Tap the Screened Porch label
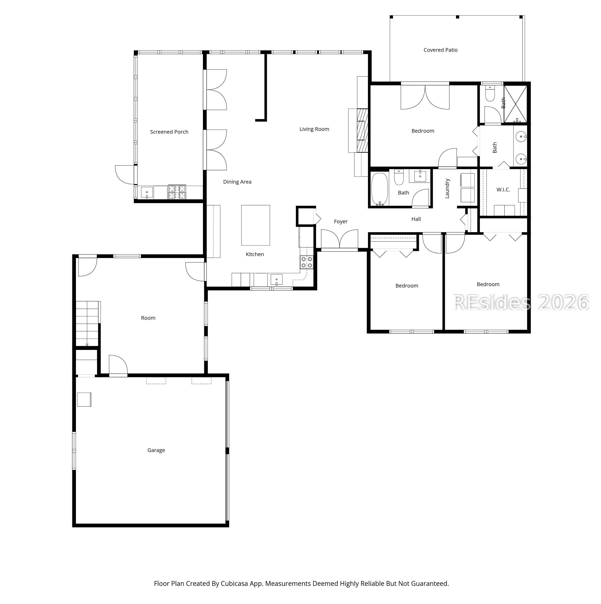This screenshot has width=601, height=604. click(x=169, y=132)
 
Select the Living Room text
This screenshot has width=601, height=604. click(x=314, y=129)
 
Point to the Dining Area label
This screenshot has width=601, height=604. click(x=237, y=182)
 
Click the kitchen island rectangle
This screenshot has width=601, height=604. click(x=255, y=225)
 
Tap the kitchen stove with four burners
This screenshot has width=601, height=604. click(x=306, y=262)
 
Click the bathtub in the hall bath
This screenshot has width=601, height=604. click(x=380, y=189)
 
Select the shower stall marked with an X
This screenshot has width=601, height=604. click(x=515, y=104)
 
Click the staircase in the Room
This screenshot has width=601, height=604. click(x=87, y=323)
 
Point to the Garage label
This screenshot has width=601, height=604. click(x=156, y=450)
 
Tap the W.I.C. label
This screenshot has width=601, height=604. click(x=503, y=190)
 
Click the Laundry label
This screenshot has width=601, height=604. click(x=447, y=188)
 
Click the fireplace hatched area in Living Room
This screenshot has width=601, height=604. click(x=363, y=130)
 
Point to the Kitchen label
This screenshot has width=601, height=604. click(x=255, y=254)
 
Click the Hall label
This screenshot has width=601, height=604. click(x=416, y=219)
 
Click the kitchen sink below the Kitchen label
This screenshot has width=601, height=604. click(x=276, y=279)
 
